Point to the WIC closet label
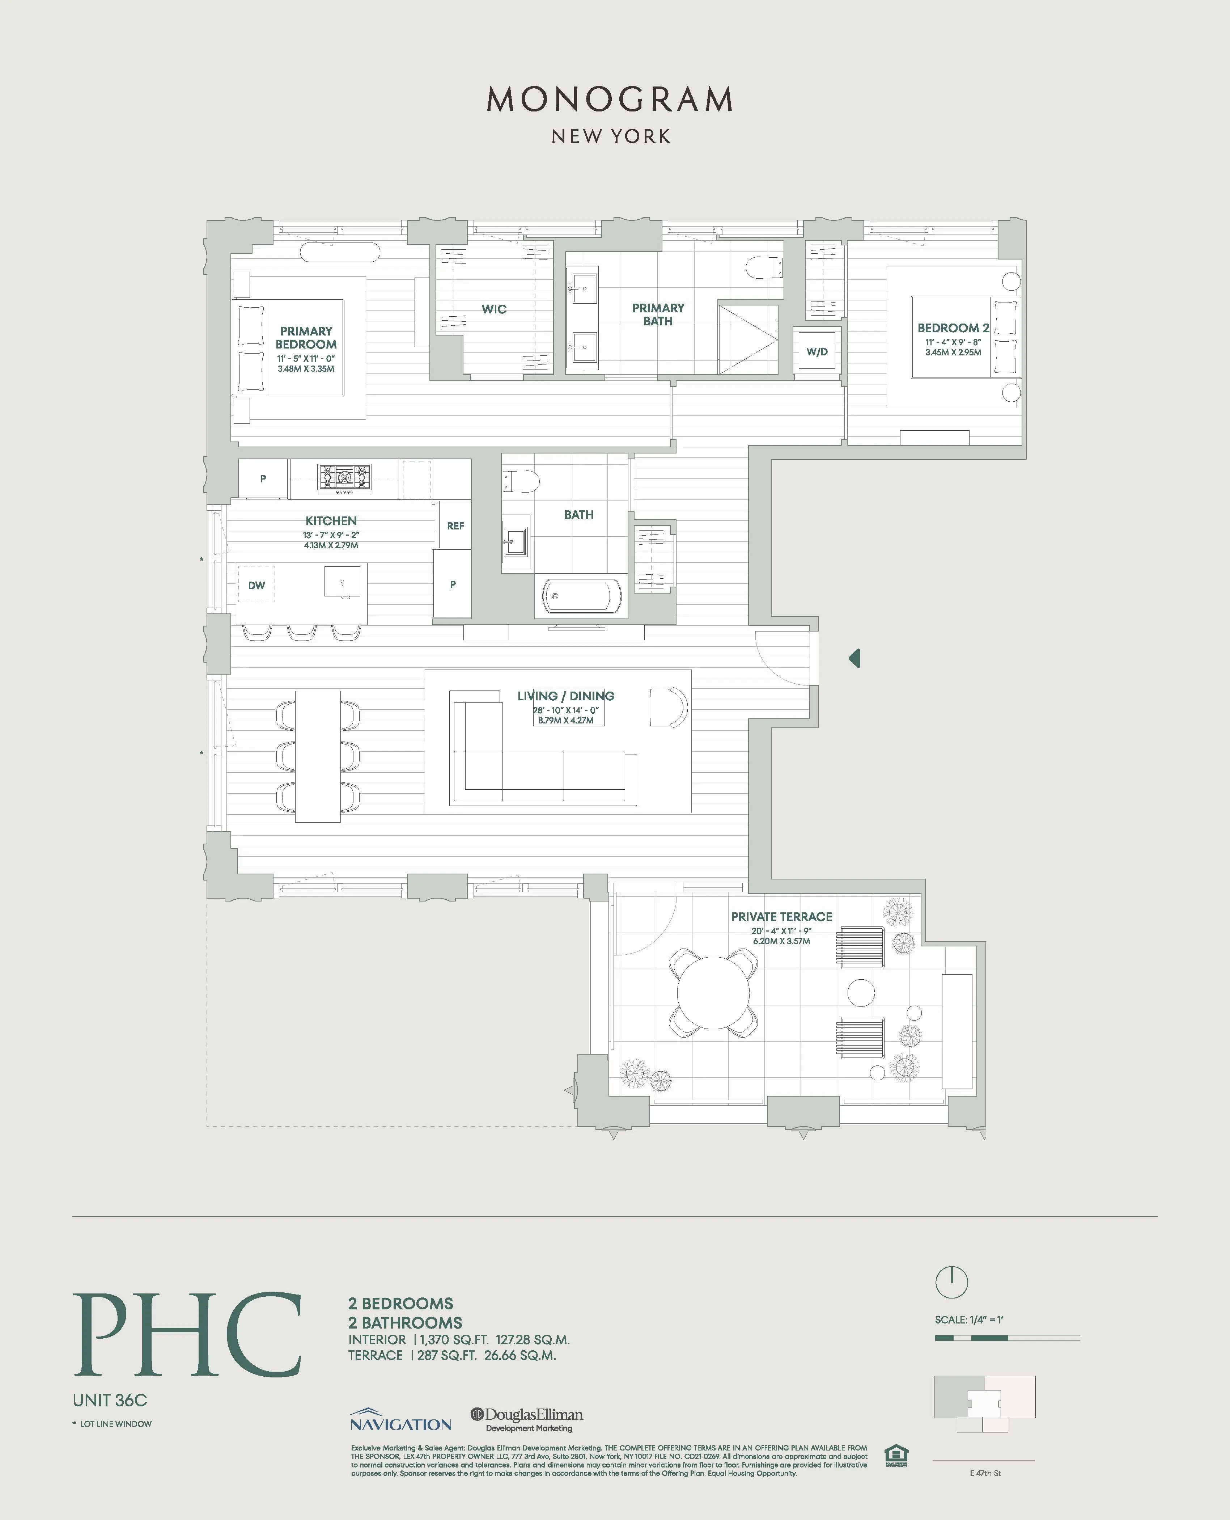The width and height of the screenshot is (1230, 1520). [494, 309]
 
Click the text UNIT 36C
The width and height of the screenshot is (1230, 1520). [110, 1400]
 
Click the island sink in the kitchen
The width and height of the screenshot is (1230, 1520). [342, 583]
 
